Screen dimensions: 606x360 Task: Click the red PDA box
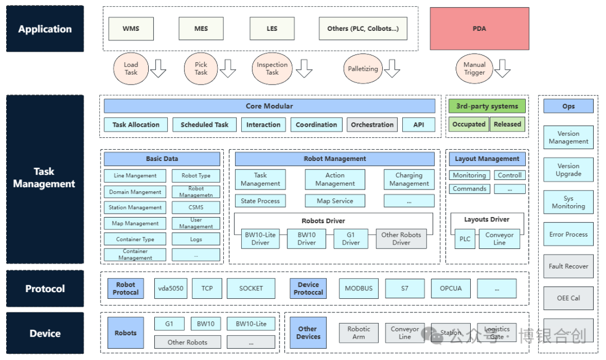point(479,29)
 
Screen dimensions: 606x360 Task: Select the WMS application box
point(131,29)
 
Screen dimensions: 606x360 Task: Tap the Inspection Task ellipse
point(272,69)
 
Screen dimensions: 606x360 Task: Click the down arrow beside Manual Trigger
point(502,68)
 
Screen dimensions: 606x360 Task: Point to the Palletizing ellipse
point(363,69)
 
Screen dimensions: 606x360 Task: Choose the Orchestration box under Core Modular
point(372,124)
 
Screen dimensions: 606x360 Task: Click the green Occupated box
point(469,124)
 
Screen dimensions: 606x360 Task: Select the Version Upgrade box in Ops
point(568,169)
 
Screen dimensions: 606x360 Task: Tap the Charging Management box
point(409,179)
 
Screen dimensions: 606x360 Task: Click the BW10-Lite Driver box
point(260,239)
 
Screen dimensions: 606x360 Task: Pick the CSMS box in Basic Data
point(196,207)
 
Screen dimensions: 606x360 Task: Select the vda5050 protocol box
point(171,289)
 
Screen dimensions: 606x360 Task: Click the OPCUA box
point(451,289)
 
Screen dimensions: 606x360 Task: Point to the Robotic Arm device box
point(359,333)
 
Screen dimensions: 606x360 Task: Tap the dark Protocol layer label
point(45,289)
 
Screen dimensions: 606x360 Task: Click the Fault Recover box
point(568,266)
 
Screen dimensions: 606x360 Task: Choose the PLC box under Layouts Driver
point(465,239)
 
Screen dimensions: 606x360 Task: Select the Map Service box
point(334,201)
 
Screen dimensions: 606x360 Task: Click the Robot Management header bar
point(334,159)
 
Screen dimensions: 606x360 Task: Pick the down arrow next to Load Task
point(158,68)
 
